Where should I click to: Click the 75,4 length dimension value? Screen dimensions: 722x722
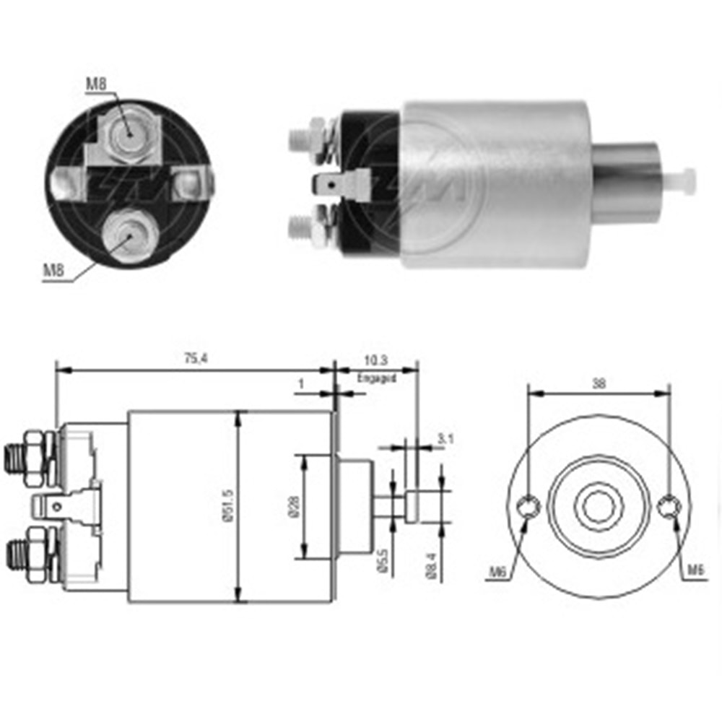click(x=191, y=359)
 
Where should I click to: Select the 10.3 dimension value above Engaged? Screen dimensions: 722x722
click(x=376, y=359)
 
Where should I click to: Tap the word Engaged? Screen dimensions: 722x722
click(x=376, y=378)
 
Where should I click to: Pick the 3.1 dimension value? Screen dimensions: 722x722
click(x=445, y=438)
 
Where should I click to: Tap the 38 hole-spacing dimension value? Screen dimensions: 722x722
click(x=599, y=384)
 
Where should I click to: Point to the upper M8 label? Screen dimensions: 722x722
click(x=96, y=84)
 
